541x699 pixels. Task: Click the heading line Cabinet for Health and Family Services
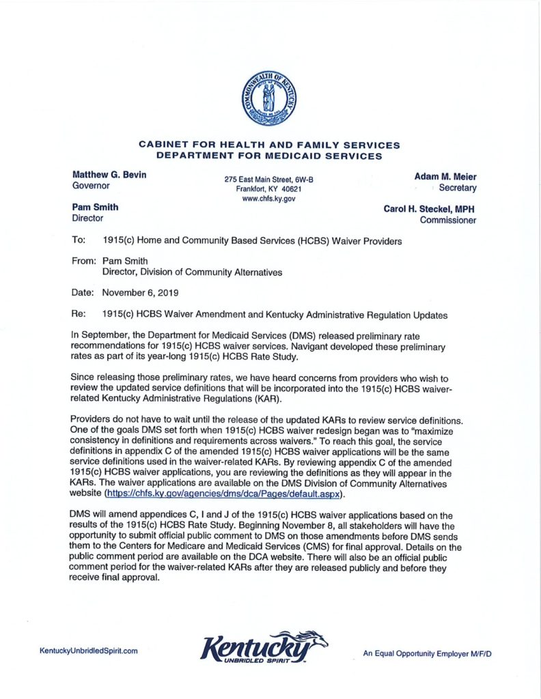[x=269, y=145]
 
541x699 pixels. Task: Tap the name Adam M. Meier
[x=445, y=176]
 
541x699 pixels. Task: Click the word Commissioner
[x=448, y=220]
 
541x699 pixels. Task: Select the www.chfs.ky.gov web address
[x=268, y=199]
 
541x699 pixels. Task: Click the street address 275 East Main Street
[x=268, y=179]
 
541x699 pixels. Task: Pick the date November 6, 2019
[x=140, y=292]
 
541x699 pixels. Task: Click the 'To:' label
[x=79, y=241]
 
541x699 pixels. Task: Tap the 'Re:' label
[x=79, y=316]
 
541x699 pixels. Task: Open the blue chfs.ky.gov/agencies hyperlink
[x=223, y=494]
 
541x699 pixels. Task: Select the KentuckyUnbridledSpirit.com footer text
[x=89, y=651]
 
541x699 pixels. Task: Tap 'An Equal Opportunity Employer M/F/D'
[x=427, y=654]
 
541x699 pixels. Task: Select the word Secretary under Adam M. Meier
[x=458, y=188]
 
